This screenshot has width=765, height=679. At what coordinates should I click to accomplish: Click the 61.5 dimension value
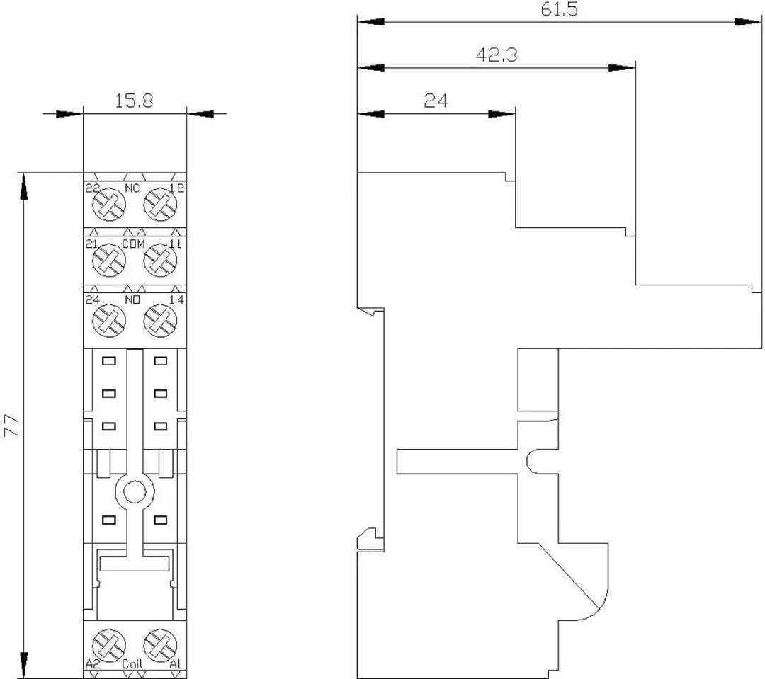[559, 9]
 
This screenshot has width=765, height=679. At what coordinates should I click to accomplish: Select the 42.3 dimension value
[497, 55]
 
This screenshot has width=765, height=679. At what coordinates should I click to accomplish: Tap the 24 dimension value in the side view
[436, 101]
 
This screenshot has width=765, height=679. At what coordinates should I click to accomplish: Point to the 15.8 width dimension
[134, 101]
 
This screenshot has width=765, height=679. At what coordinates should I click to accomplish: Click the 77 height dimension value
[11, 426]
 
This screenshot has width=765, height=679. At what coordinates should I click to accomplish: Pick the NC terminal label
[132, 188]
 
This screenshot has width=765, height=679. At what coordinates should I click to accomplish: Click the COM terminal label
[133, 244]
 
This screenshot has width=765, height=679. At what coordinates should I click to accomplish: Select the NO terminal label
[132, 299]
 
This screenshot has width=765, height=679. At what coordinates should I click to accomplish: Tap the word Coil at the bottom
[132, 664]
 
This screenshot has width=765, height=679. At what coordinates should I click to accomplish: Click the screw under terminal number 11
[160, 260]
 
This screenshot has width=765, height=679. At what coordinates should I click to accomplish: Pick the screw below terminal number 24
[109, 320]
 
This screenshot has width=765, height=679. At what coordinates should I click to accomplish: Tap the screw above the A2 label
[109, 645]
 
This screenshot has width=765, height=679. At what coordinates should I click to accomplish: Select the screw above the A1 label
[160, 645]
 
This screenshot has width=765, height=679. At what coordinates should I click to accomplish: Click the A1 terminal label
[175, 664]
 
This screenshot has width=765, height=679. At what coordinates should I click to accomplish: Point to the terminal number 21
[91, 244]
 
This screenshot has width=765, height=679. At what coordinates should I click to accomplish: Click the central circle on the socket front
[135, 493]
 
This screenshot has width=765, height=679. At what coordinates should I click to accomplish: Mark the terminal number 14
[176, 299]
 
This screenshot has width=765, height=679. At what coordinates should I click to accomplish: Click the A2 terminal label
[93, 664]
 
